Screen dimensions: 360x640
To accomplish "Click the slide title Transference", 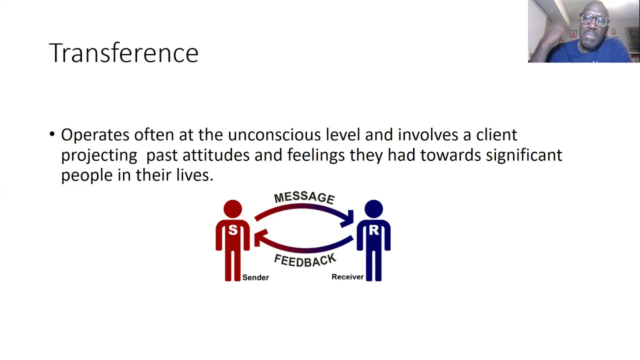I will pos(123,53).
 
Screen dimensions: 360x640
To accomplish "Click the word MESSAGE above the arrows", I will pos(304,197).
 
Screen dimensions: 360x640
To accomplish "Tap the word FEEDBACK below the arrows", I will pos(304,260).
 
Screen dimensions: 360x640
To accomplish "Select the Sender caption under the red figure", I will pos(255,277).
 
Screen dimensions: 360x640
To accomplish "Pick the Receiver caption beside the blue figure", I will pos(347,277).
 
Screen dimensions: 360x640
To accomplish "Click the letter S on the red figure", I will pos(232,230).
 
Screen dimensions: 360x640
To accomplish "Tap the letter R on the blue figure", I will pos(373,230).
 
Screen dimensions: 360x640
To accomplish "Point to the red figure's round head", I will pos(232,209).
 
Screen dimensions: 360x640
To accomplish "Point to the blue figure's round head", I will pos(373,209).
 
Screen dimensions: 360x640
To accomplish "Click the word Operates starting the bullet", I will pos(95,135).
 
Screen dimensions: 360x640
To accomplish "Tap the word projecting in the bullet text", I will pos(99,155).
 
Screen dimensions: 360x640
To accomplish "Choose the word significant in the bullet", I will pos(524,155).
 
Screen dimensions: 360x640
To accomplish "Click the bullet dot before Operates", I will pos(52,134).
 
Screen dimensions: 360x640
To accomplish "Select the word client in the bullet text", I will pos(496,135).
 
